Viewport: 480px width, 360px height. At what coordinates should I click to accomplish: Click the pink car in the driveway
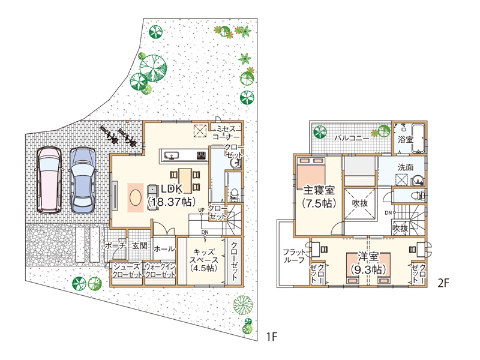(x=49, y=181)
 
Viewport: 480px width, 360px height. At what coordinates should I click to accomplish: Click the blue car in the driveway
(x=82, y=181)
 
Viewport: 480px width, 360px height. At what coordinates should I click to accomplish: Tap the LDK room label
(x=172, y=189)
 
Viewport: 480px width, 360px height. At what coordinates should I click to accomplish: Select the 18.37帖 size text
(x=172, y=202)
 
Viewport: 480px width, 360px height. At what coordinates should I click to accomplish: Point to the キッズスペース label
(x=204, y=256)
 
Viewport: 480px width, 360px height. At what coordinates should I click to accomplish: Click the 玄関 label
(x=140, y=246)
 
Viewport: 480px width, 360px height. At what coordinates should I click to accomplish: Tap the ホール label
(x=164, y=249)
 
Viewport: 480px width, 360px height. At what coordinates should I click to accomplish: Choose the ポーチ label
(x=115, y=246)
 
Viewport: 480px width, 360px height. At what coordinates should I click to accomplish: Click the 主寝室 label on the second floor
(x=319, y=190)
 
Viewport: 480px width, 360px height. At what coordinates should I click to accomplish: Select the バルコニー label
(x=352, y=138)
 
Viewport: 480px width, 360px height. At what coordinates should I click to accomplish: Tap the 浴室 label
(x=406, y=140)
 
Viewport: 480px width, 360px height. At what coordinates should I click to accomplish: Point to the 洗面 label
(x=406, y=167)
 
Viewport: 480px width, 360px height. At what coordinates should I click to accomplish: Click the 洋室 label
(x=368, y=257)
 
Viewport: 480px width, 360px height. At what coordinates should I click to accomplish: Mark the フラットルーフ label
(x=294, y=256)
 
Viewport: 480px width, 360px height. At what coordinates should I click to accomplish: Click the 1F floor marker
(x=272, y=337)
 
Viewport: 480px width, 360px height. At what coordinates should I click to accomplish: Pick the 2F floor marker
(x=443, y=283)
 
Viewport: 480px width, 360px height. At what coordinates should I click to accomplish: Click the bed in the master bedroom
(x=311, y=173)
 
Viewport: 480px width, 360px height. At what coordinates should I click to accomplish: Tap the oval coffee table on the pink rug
(x=136, y=197)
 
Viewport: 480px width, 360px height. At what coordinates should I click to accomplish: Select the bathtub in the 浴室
(x=418, y=138)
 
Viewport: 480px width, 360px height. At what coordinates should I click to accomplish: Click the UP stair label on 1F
(x=201, y=210)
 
